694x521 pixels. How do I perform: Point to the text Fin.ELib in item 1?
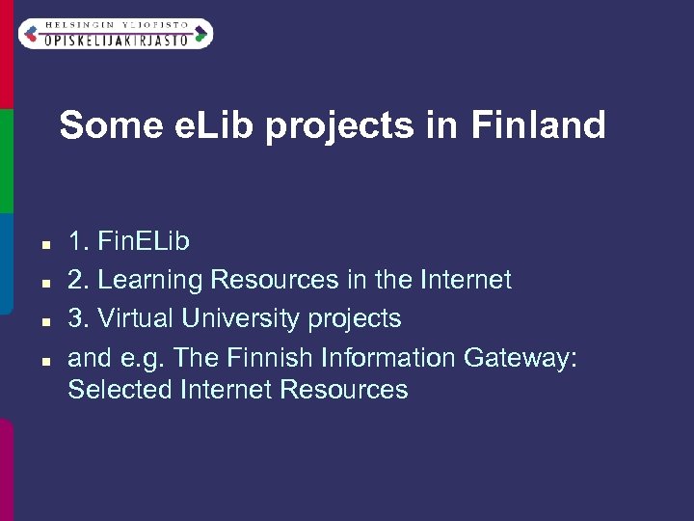pyautogui.click(x=144, y=241)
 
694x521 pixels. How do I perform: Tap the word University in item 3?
pyautogui.click(x=241, y=318)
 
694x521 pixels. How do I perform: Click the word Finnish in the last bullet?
pyautogui.click(x=271, y=358)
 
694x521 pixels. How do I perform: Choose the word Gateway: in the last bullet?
pyautogui.click(x=520, y=358)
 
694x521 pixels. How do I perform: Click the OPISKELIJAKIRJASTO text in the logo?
pyautogui.click(x=115, y=37)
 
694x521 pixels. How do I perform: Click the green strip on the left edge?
pyautogui.click(x=5, y=159)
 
